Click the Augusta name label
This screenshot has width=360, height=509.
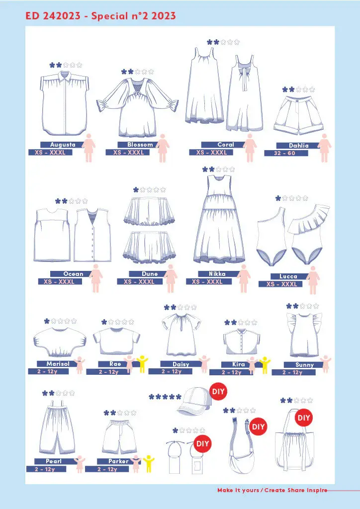[63, 145]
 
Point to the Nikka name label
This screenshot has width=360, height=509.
[217, 274]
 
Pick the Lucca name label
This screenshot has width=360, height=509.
[288, 276]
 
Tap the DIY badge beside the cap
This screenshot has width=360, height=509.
[218, 392]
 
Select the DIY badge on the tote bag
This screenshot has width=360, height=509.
[304, 418]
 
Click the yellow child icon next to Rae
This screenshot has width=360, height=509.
[142, 364]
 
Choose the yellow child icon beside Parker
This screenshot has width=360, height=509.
[149, 464]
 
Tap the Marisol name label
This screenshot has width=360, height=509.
[58, 363]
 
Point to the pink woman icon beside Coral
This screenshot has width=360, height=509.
[250, 148]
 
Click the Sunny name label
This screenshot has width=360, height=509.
[304, 365]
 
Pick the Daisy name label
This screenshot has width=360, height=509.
[181, 364]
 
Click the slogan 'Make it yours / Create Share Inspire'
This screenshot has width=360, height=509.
[272, 490]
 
